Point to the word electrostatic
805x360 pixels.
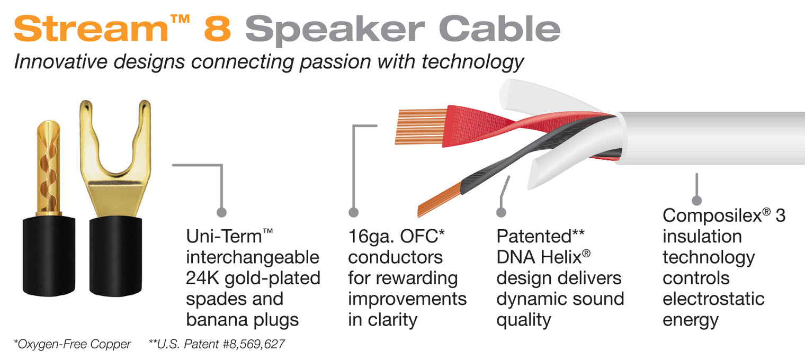click(x=713, y=299)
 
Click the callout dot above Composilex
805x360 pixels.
click(x=696, y=200)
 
